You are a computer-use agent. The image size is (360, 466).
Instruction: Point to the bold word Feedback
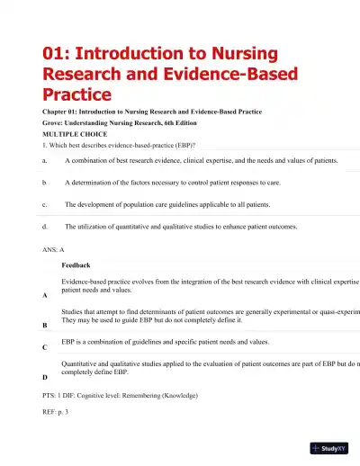pyautogui.click(x=76, y=266)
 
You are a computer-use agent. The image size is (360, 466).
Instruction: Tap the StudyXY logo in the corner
pyautogui.click(x=329, y=447)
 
